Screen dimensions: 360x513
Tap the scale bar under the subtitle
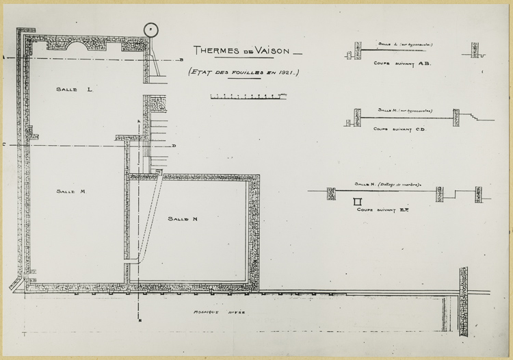[x=244, y=97]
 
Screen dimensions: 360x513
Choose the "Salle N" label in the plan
[x=183, y=218]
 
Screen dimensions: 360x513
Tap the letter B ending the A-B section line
[x=179, y=60]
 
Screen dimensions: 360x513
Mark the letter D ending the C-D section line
[x=174, y=145]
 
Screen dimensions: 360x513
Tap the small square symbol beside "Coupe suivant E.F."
[x=356, y=201]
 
